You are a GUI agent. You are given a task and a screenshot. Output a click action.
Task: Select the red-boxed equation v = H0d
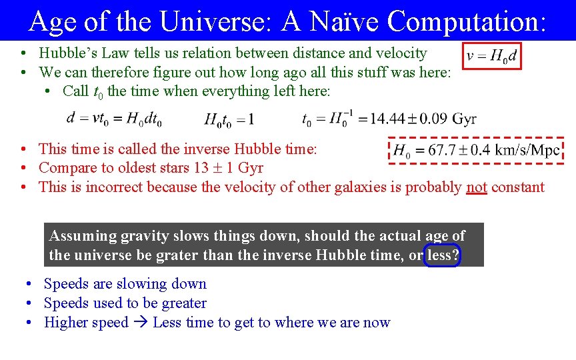tap(492, 56)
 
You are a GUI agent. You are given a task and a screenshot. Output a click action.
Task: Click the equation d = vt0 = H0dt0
tap(114, 119)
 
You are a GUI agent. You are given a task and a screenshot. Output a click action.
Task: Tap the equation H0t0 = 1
tap(229, 119)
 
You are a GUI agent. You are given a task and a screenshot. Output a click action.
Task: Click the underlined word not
tap(476, 187)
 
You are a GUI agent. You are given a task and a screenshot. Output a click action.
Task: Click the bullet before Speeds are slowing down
tap(30, 284)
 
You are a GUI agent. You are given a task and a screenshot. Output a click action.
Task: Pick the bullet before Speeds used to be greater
tap(30, 303)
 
